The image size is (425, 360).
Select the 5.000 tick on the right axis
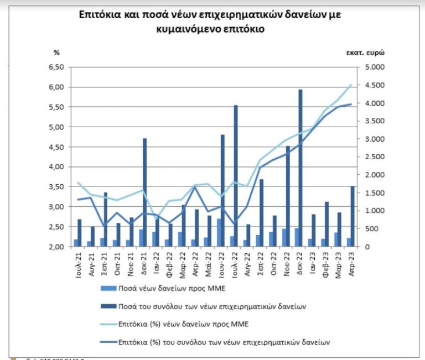373,67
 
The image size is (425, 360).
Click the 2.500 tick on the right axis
373,156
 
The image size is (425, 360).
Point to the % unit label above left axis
56,53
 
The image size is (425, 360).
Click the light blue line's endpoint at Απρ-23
351,85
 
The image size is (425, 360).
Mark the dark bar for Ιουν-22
222,190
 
